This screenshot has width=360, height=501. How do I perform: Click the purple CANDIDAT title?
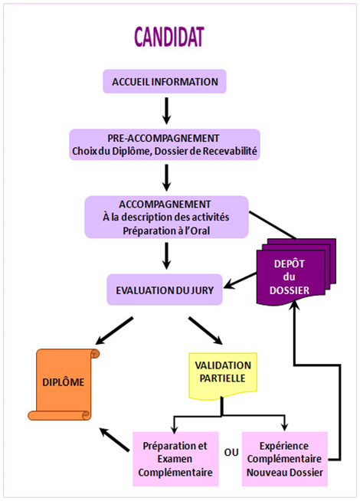point(169,37)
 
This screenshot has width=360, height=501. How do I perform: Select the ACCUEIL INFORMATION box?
point(165,81)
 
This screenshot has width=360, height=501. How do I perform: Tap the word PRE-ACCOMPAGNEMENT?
point(163,138)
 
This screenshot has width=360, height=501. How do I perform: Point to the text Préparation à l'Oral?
point(166,231)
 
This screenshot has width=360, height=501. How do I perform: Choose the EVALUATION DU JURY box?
point(165,290)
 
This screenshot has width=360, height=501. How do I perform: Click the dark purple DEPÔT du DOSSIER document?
point(296,273)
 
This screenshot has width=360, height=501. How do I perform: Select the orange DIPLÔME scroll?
point(64,385)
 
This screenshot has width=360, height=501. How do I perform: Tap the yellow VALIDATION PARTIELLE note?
point(223,375)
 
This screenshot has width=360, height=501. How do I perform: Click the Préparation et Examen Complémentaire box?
point(175,459)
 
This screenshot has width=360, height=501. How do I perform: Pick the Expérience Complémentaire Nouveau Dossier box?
point(285,459)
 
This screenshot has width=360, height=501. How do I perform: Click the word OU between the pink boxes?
point(231,453)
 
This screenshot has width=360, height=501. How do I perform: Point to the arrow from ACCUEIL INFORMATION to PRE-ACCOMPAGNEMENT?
point(166,111)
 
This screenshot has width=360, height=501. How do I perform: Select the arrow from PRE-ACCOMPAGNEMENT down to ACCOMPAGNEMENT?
point(166,178)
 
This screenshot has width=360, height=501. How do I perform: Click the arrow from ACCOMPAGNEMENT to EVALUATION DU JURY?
point(166,256)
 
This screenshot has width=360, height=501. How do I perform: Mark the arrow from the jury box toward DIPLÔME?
point(114,331)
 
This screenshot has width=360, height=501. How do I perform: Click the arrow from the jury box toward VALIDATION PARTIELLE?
point(206,331)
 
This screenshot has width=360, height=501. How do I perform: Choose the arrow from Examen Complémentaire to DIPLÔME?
point(114,440)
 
